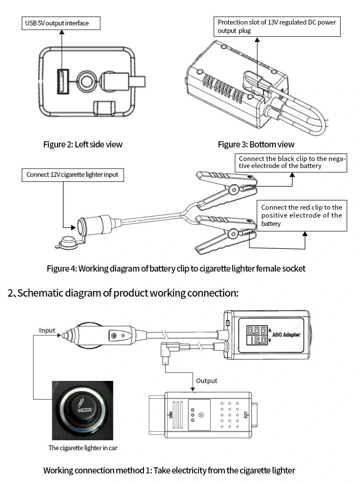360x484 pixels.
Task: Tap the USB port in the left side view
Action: (62, 81)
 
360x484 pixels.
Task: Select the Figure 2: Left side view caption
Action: (83, 144)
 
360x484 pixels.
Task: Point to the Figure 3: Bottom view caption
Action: (256, 144)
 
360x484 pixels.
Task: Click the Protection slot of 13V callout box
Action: (278, 26)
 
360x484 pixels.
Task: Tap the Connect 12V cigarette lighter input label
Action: (72, 175)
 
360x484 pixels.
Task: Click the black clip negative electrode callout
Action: (292, 162)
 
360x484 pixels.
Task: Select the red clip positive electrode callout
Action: (302, 215)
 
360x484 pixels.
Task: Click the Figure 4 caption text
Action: (176, 269)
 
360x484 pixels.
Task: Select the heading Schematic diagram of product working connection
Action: (123, 293)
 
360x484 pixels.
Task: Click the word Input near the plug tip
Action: (47, 330)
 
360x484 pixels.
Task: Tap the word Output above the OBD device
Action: (206, 381)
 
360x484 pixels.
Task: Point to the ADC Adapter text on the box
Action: (286, 335)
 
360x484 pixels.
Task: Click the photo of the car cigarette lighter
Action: (83, 410)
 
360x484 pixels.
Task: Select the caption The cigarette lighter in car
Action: (83, 448)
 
